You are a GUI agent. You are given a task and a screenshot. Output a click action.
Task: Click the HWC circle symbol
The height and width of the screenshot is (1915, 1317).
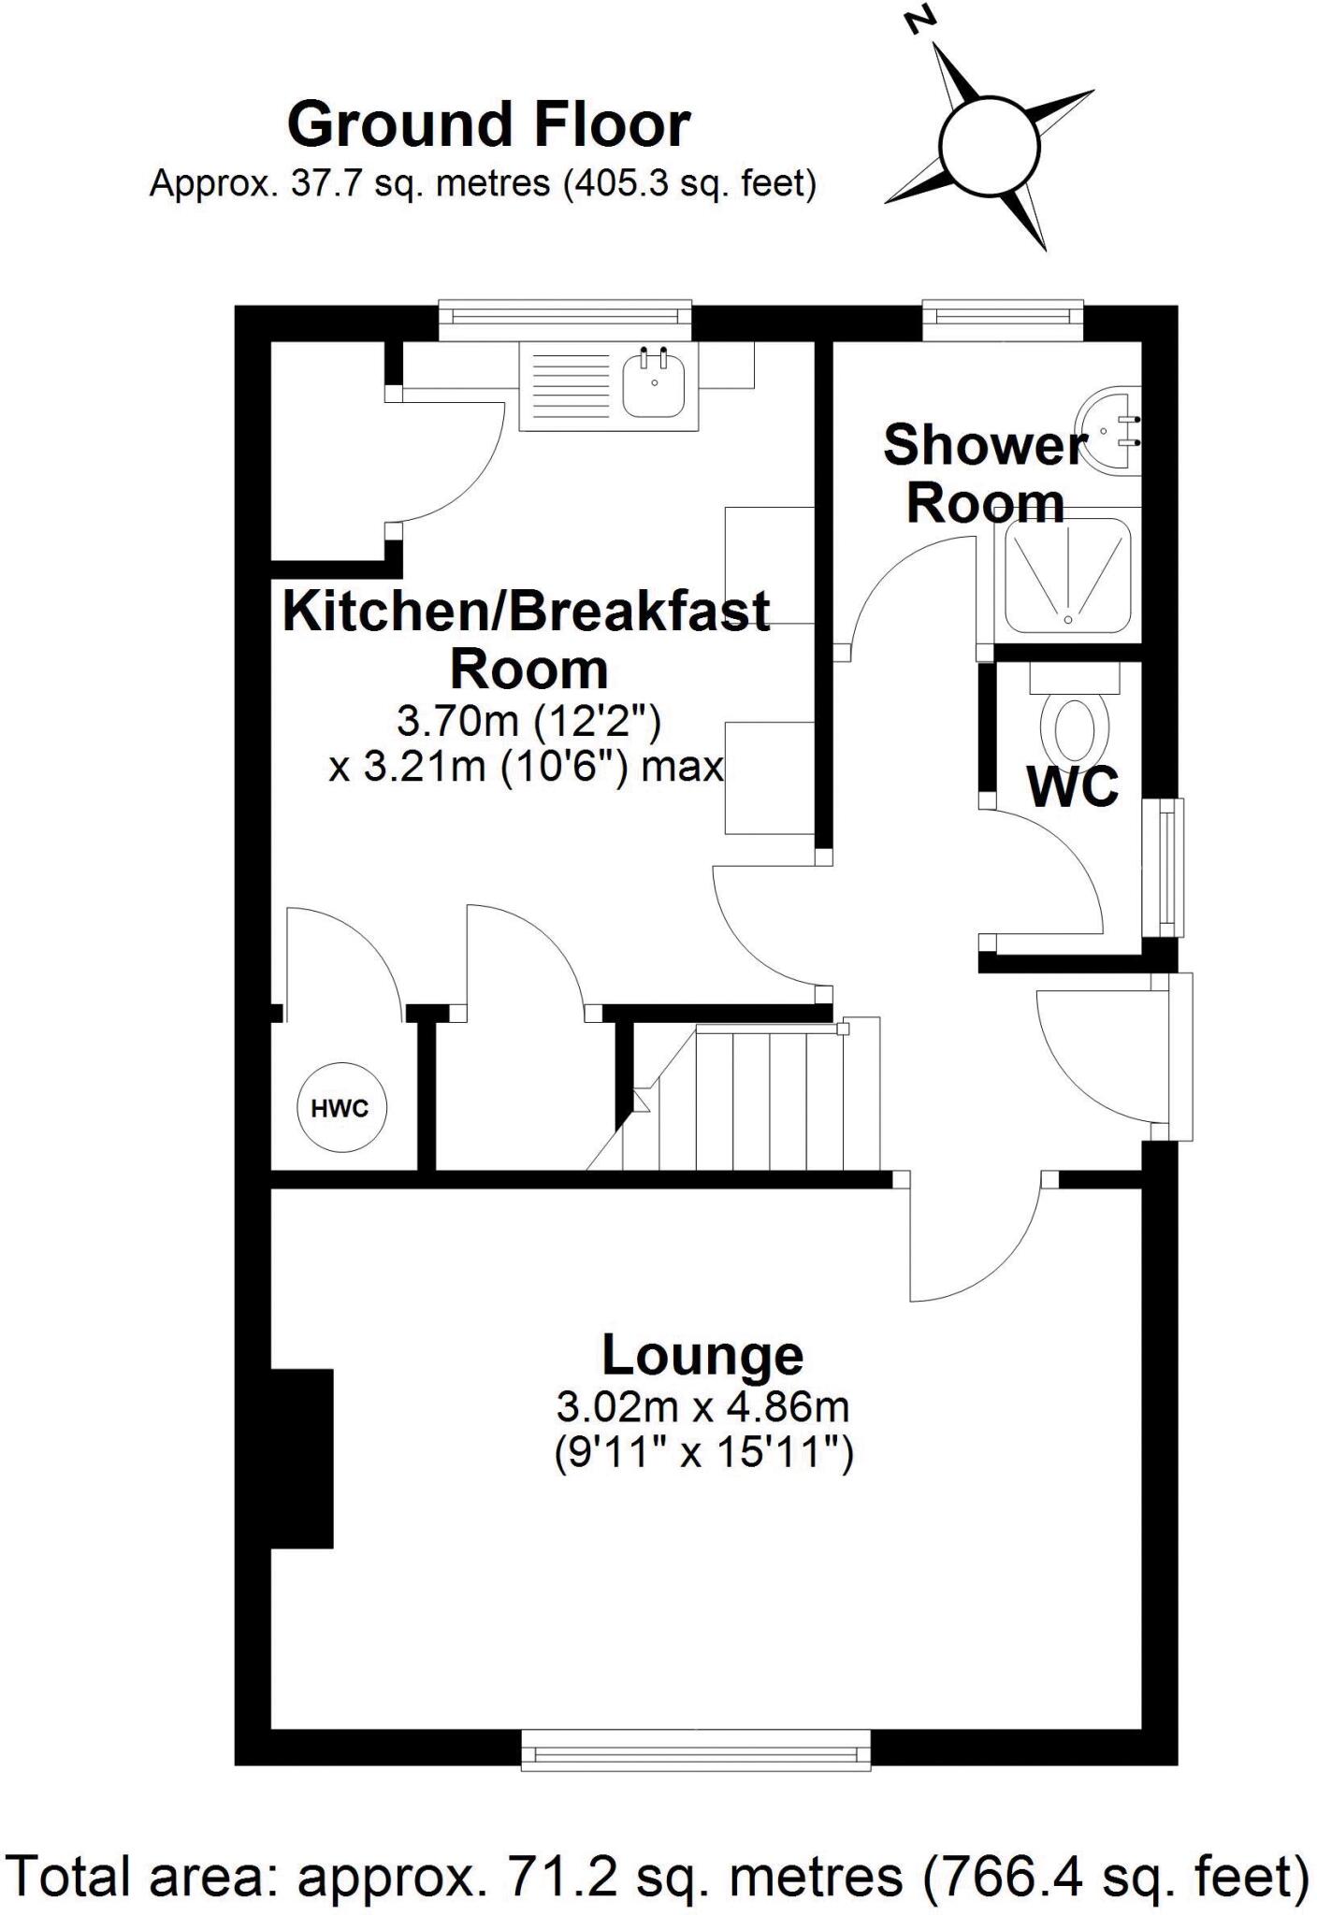341,1109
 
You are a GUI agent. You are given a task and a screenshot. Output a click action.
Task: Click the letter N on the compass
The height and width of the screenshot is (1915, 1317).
923,20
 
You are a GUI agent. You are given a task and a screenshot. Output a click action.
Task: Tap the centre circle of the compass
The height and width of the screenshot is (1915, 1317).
990,148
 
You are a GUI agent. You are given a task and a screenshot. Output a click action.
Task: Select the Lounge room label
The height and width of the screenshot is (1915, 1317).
702,1355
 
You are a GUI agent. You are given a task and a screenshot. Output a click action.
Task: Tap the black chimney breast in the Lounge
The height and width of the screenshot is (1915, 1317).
301,1459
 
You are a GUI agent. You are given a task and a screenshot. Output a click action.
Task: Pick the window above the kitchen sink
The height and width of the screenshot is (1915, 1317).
565,321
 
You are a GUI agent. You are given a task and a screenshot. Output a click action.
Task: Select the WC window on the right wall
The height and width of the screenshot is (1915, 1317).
1169,868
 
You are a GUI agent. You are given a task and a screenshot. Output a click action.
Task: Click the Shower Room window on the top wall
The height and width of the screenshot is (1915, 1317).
1002,321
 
